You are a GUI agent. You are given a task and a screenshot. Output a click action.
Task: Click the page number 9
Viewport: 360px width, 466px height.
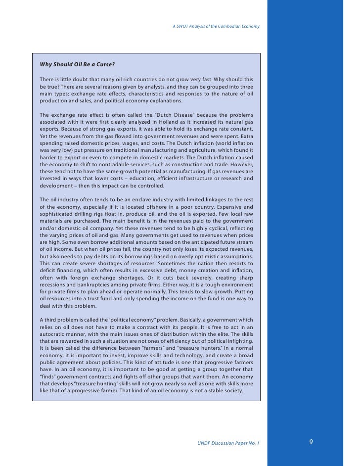pyautogui.click(x=311, y=442)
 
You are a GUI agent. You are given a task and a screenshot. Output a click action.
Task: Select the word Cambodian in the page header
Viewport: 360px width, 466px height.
pyautogui.click(x=227, y=26)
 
